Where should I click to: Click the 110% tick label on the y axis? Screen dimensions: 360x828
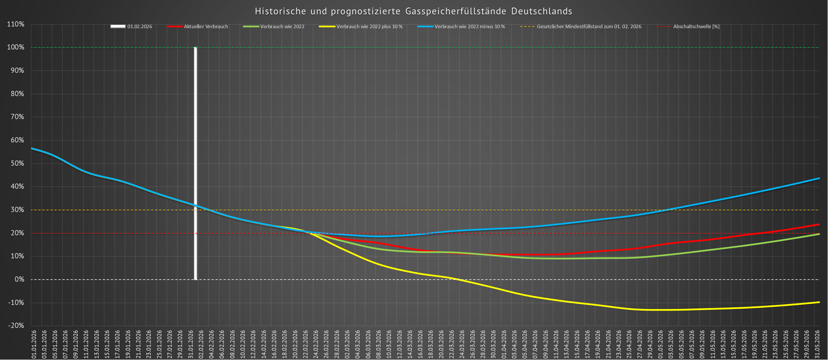16,24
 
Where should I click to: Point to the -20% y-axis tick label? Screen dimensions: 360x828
16,326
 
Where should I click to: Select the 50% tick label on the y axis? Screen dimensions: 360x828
17,164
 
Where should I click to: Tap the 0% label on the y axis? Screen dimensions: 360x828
19,280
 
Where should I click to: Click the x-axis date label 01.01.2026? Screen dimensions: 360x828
34,344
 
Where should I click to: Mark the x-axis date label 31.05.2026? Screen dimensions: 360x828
817,344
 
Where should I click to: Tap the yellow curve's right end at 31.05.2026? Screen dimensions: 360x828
819,302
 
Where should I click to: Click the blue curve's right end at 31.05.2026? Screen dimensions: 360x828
819,178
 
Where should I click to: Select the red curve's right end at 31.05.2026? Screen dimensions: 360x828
819,224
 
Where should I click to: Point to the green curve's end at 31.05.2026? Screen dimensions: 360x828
819,234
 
